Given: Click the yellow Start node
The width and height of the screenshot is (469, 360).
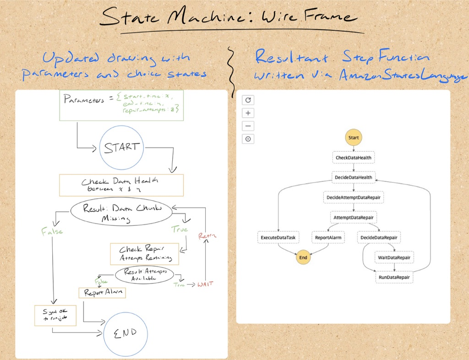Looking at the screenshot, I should tap(353, 137).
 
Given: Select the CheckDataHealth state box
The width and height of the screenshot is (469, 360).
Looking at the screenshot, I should tap(353, 158).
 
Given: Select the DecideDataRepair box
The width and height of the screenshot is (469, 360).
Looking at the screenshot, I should tap(379, 238).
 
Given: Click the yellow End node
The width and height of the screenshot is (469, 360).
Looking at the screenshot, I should tap(303, 258).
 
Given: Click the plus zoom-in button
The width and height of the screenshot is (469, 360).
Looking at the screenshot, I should tap(248, 113).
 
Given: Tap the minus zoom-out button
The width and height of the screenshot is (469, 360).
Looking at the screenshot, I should tap(248, 126).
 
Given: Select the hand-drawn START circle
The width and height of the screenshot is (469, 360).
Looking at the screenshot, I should tap(122, 148).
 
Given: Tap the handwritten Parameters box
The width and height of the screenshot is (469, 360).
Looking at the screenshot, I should tap(121, 105).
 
